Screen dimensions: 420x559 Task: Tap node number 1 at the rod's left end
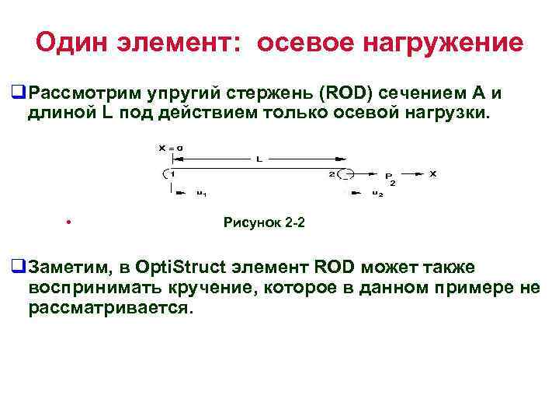(172, 173)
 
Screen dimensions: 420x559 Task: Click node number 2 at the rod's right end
(332, 173)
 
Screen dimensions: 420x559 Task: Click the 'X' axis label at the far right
(432, 173)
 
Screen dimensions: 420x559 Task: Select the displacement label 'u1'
(201, 193)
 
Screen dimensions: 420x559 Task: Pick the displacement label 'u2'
(377, 193)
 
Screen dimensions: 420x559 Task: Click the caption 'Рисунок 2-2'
(264, 223)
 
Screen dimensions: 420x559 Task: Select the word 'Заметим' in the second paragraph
(68, 268)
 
